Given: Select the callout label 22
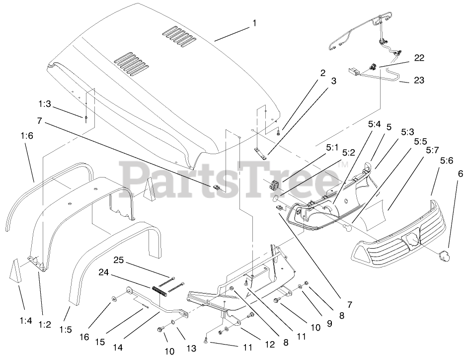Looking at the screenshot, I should [x=419, y=59].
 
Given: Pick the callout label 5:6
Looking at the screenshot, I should [x=447, y=160].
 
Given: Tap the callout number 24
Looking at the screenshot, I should [x=117, y=272].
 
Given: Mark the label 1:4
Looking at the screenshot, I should [x=26, y=321].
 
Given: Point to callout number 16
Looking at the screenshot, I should [x=84, y=337].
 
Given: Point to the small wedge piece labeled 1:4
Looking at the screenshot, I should [x=16, y=271].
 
